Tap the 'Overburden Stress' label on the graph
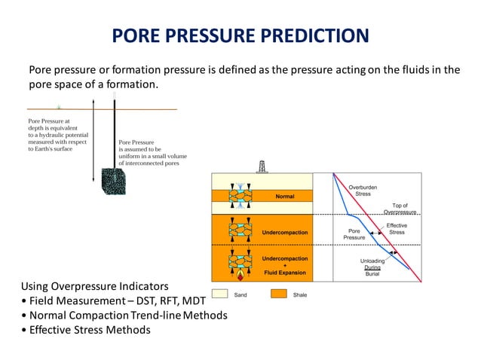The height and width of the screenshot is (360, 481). [363, 189]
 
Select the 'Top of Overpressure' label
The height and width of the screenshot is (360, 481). [400, 209]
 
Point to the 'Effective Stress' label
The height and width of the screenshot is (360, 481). [397, 229]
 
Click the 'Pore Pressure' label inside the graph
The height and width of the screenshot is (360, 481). [354, 234]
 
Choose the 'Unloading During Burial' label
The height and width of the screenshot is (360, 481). [372, 267]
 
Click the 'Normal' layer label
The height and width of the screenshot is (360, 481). [284, 196]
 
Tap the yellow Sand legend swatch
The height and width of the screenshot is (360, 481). [219, 294]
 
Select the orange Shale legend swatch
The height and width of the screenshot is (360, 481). [280, 294]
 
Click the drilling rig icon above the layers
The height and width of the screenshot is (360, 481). [262, 166]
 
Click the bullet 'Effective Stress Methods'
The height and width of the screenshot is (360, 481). [86, 329]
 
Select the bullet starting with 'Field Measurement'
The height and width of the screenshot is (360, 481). [113, 301]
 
